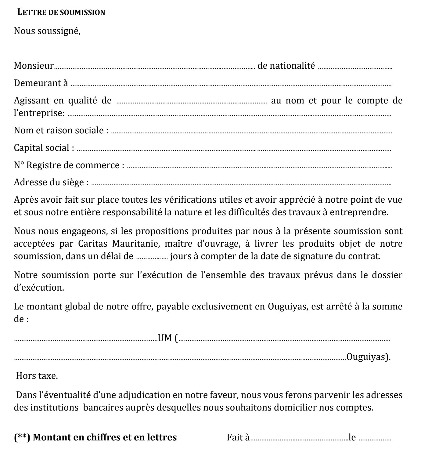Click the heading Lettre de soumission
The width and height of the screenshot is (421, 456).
pos(61,13)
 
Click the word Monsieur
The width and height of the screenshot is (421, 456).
pos(34,66)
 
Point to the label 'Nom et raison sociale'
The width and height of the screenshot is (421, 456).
pos(61,131)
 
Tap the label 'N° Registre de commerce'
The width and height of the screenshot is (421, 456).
pos(69,165)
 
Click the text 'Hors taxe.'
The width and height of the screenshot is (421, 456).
pos(37,376)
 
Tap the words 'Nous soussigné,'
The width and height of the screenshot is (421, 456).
pos(47,31)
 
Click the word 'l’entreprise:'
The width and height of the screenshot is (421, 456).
pos(39,113)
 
